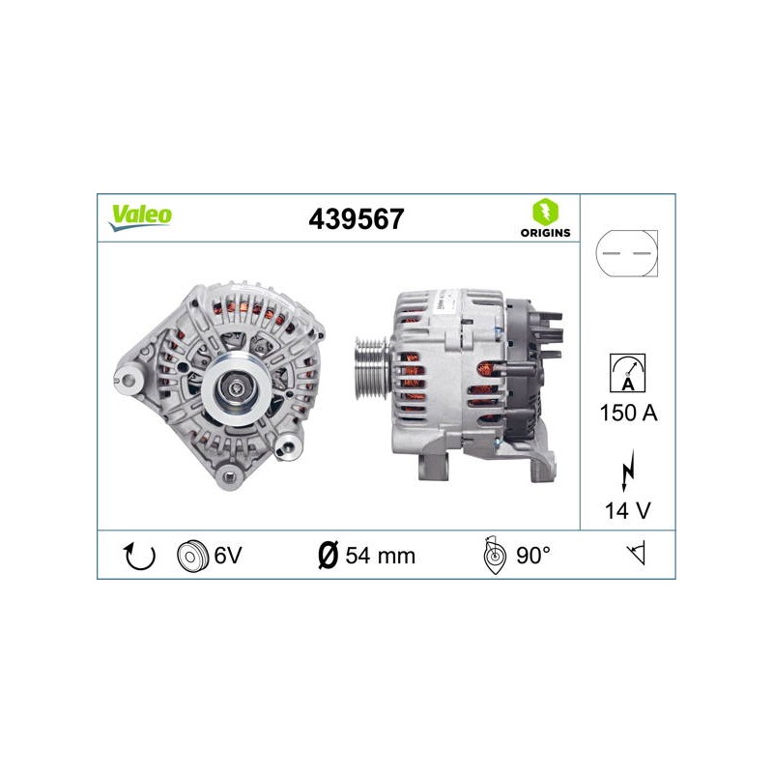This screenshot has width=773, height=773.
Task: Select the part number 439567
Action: point(356,219)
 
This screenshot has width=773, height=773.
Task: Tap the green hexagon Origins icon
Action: point(545,212)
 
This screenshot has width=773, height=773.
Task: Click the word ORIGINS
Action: point(545,233)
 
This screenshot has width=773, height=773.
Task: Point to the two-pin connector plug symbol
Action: point(626,253)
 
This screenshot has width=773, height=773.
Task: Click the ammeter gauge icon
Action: point(627,373)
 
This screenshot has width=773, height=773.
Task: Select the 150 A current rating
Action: point(628,413)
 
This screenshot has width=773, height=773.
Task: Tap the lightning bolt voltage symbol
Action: point(627,470)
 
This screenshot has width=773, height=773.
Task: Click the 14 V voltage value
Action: point(627,511)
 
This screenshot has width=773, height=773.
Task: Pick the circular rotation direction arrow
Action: point(139,556)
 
